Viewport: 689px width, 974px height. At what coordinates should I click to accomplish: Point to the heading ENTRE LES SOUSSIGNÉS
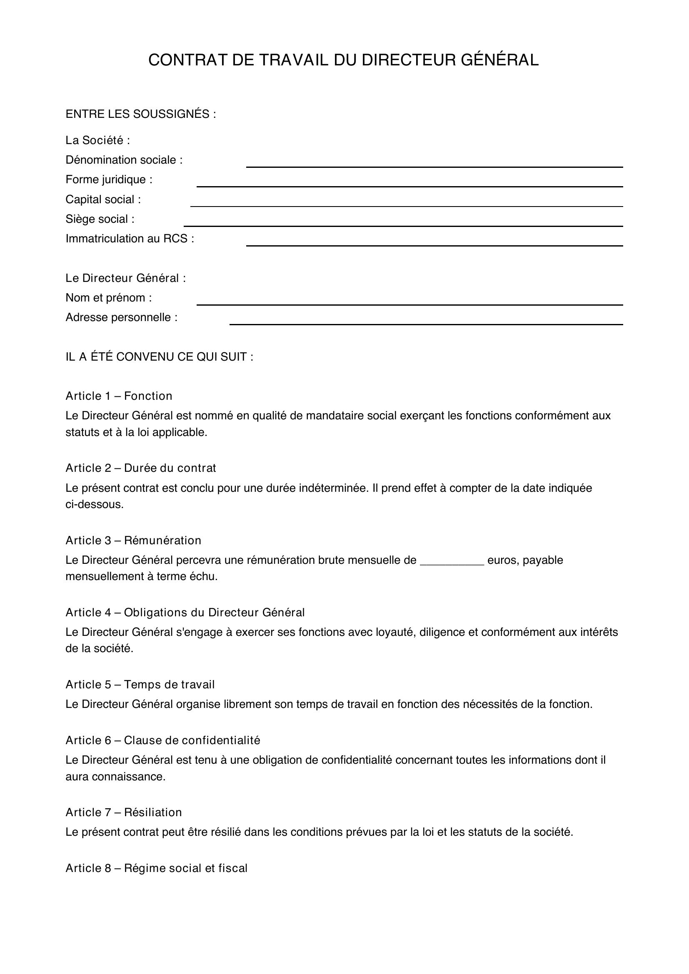coord(140,114)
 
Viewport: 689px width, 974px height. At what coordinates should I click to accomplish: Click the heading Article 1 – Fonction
coord(119,396)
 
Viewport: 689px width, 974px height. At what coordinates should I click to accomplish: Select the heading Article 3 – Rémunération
coord(133,541)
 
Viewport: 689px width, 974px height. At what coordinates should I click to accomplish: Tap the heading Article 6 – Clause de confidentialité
coord(162,740)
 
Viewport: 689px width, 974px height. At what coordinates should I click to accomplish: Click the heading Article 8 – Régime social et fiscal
coord(156,868)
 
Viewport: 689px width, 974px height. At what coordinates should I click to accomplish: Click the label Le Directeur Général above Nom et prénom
coord(125,278)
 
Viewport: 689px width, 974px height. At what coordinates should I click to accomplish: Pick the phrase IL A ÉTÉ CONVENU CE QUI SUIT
coord(159,357)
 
